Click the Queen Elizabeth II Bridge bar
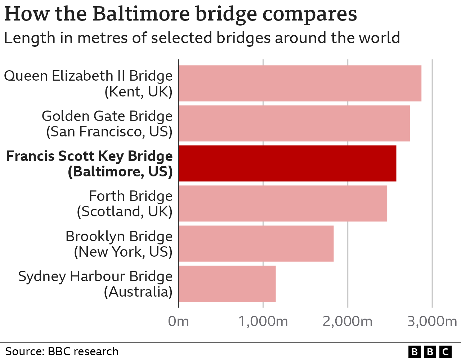point(300,83)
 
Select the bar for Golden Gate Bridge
point(294,123)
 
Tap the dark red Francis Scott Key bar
point(287,163)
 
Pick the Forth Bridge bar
point(283,203)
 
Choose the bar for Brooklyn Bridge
point(256,243)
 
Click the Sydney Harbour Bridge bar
point(227,284)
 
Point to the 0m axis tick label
point(178,321)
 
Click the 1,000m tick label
point(263,321)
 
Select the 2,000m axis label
point(348,321)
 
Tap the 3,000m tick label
point(432,321)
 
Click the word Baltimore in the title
point(139,14)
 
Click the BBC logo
point(430,351)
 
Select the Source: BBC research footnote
point(62,351)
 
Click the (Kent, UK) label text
point(138,92)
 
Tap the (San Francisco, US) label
point(109,132)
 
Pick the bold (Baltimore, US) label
point(120,172)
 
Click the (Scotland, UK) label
point(125,212)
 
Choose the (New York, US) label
point(123,252)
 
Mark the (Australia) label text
point(138,292)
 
